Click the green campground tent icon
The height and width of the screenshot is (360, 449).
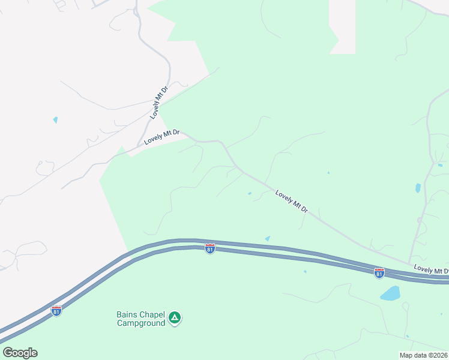point(174,317)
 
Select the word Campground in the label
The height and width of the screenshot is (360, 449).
point(140,323)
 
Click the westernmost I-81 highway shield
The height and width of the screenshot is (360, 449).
point(56,311)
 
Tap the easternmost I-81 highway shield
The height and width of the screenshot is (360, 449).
point(379,273)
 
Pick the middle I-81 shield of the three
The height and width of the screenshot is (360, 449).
point(209,248)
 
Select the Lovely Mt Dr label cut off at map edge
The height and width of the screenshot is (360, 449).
point(431,271)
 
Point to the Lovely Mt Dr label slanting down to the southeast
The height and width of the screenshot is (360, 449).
point(292,202)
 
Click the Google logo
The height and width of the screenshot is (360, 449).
point(20,353)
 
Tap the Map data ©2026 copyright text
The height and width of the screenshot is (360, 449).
point(424,355)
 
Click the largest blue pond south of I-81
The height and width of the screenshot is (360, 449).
point(390,293)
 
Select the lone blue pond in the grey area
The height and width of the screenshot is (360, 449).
point(55,120)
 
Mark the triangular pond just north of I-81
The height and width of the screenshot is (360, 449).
point(267,238)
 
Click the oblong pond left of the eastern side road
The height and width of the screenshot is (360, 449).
point(418,188)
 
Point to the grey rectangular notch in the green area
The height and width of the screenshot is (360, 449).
point(342,27)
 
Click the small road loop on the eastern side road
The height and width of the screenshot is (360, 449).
point(419,221)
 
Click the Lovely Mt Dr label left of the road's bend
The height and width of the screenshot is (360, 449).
point(162,137)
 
